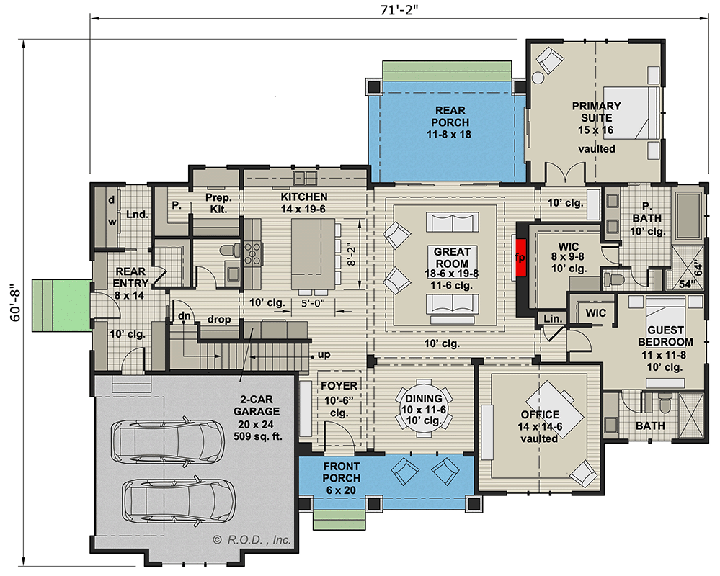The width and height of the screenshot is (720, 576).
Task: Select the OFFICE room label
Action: (540, 415)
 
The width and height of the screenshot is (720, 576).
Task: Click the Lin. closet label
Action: (553, 318)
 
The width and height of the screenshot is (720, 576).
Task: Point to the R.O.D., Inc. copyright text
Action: (252, 539)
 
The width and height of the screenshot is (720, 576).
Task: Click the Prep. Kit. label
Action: (216, 204)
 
